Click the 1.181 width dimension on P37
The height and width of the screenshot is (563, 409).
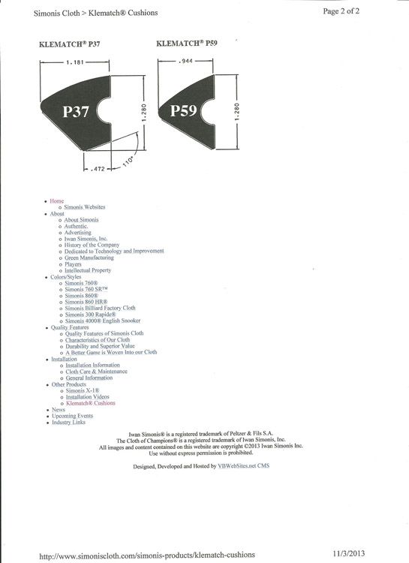point(75,62)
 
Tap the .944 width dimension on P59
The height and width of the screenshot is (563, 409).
point(185,61)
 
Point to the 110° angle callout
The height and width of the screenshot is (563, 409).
point(128,161)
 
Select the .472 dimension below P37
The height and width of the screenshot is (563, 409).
point(98,168)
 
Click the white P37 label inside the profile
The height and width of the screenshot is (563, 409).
point(75,111)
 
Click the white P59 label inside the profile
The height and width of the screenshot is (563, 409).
point(183,110)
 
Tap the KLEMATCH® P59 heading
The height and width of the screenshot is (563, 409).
point(187,43)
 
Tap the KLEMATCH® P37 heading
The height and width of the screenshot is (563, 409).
point(69,44)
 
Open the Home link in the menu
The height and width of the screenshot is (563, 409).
point(57,201)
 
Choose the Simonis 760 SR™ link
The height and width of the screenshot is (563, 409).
point(86,289)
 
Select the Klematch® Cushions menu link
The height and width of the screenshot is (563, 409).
point(91,403)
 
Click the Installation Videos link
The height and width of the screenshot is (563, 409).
point(87,397)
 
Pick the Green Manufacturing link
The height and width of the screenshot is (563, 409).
point(89,257)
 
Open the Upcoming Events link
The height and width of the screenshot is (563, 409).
point(73,416)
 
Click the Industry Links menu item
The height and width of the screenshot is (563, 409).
point(68,422)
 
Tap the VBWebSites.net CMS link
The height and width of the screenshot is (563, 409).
point(243,465)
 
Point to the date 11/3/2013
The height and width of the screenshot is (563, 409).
point(348,553)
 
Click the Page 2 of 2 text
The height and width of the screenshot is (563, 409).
point(341,11)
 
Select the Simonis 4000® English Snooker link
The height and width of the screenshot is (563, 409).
point(103,321)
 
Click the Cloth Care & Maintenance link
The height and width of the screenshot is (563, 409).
point(96,372)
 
